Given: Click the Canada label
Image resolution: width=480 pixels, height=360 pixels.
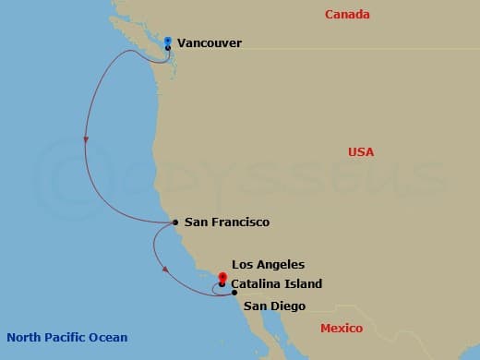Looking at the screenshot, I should [347, 15].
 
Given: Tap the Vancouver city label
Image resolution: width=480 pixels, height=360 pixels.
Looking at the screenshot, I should [210, 42].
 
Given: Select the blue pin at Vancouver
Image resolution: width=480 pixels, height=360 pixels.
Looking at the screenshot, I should [168, 41].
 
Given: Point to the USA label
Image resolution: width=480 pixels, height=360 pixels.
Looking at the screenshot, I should [361, 152].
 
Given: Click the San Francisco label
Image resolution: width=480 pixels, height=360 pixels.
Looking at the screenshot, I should [227, 222].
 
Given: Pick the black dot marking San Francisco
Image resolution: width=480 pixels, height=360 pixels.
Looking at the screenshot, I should [175, 222].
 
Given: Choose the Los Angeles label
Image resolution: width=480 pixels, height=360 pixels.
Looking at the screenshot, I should [268, 265].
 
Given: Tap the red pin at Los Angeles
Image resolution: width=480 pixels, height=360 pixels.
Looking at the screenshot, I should [222, 277].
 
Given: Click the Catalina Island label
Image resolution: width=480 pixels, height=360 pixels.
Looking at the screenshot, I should [277, 284].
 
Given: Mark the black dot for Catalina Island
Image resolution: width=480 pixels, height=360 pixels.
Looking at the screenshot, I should [222, 284].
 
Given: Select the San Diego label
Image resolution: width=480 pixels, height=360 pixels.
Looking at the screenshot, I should [275, 306].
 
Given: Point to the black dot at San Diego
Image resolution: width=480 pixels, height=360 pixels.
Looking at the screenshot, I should [234, 294].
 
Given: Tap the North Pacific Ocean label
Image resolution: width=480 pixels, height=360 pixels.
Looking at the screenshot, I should [66, 337].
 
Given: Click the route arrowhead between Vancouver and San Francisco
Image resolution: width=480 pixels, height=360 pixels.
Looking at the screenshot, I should [86, 140].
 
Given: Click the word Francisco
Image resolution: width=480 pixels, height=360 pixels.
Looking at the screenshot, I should [239, 222].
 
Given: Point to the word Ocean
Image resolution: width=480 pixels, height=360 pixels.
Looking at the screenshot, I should [109, 337].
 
